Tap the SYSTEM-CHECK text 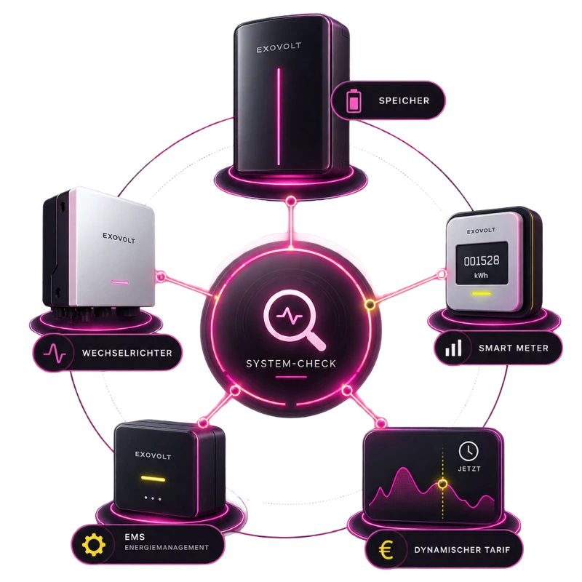291,363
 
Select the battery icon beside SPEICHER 354,100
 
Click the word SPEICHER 404,100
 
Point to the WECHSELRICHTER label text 127,353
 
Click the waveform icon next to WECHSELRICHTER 55,353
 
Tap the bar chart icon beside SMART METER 453,348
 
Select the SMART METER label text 514,348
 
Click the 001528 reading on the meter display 482,261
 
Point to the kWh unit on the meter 481,276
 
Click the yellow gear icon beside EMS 94,544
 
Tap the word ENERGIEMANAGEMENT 167,548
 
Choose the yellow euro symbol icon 386,550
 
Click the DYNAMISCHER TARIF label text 462,550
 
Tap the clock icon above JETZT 469,451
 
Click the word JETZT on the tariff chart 469,469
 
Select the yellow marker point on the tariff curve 442,484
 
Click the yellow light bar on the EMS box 153,479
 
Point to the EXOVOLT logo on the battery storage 279,47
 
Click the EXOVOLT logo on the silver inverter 119,238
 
